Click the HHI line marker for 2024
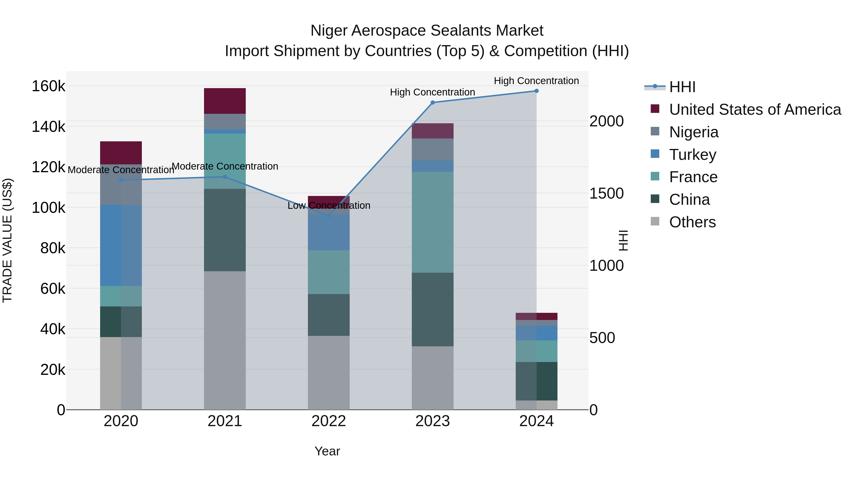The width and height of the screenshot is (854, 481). [x=536, y=91]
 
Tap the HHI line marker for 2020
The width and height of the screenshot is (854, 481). [x=121, y=180]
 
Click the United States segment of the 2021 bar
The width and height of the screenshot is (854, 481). [x=225, y=101]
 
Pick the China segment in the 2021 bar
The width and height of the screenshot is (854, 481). [x=225, y=230]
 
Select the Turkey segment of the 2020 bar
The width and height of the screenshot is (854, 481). [x=121, y=245]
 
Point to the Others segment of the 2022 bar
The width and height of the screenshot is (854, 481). [x=329, y=372]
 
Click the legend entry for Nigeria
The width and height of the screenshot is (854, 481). [x=694, y=132]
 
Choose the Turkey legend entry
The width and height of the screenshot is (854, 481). [x=692, y=155]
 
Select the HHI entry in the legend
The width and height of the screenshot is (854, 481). [x=682, y=87]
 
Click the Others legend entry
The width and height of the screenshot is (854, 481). [x=692, y=222]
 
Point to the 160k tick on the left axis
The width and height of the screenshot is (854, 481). [x=48, y=86]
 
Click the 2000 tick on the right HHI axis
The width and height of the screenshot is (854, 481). [x=606, y=121]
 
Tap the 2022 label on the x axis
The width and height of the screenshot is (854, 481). [x=329, y=421]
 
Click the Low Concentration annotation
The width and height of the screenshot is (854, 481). [x=329, y=205]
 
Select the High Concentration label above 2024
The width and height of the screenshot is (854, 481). [x=536, y=81]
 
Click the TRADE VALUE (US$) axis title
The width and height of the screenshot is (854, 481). [x=7, y=240]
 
